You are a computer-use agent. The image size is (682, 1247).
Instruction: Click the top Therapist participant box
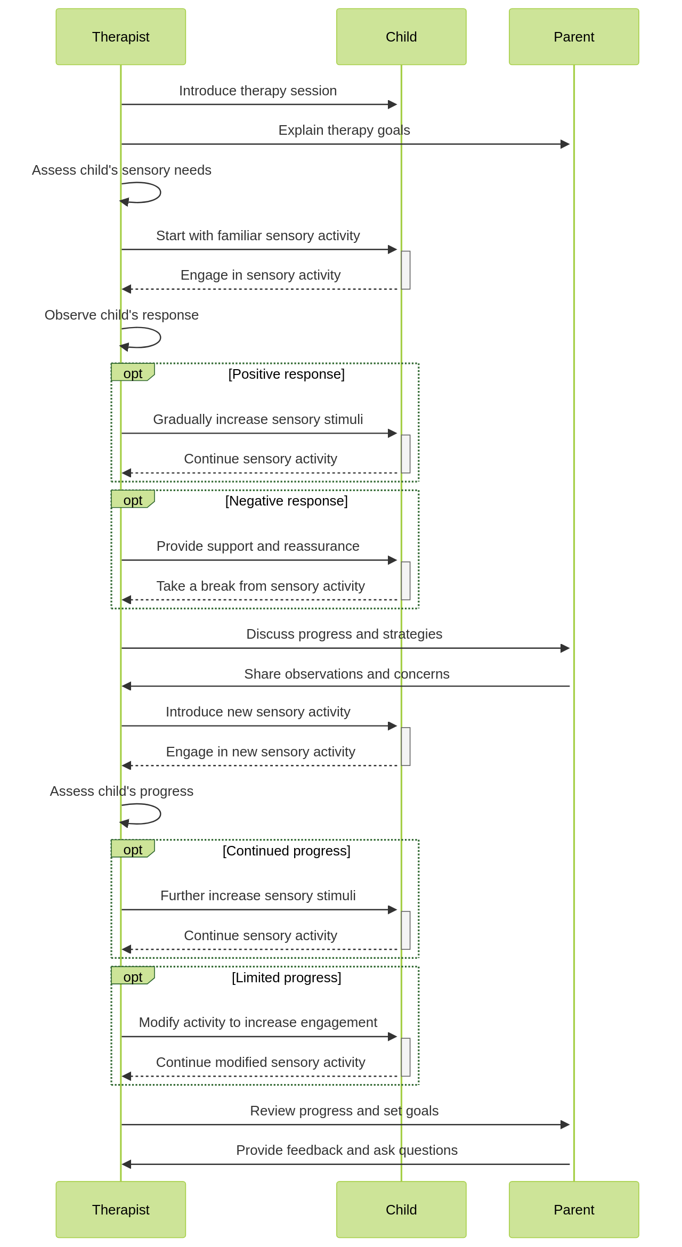(x=120, y=37)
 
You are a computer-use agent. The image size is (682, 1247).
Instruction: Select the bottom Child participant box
(x=401, y=1209)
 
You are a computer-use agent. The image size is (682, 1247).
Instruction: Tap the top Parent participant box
(x=573, y=37)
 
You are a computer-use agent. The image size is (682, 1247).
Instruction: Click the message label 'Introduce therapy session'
(x=258, y=91)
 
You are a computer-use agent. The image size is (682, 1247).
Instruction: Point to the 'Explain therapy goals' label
(x=344, y=130)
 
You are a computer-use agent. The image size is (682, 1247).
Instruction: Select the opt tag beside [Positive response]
(x=132, y=373)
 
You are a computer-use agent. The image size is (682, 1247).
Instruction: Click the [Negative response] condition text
(x=286, y=501)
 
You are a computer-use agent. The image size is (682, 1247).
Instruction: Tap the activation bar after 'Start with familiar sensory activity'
(x=405, y=270)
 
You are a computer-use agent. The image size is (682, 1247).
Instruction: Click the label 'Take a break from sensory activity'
(x=261, y=586)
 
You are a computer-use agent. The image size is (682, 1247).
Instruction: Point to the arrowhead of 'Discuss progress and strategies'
(x=565, y=648)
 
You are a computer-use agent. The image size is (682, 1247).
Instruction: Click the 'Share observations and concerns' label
(x=346, y=674)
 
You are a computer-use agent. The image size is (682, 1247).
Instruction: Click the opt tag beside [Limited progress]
(x=132, y=976)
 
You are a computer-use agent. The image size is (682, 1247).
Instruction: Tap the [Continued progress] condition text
(x=286, y=851)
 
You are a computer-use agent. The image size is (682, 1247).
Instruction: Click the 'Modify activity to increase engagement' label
(x=258, y=1022)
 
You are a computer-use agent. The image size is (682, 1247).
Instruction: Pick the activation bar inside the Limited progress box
(x=405, y=1057)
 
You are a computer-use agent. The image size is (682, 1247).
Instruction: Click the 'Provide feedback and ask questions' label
(x=346, y=1150)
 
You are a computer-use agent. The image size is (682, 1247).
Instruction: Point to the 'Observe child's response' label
(x=121, y=315)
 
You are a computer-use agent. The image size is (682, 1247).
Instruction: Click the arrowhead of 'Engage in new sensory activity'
(x=126, y=765)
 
